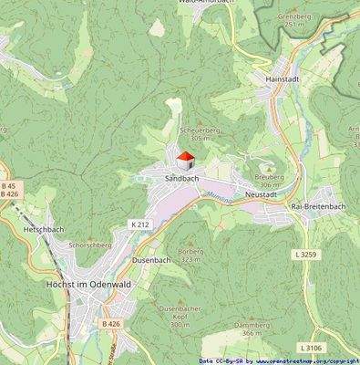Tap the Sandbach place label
coord(181,179)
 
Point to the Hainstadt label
coord(283,79)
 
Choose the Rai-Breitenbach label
coord(317,206)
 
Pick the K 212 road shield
coord(139,224)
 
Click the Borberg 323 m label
coord(190,255)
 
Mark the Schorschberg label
coord(89,245)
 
